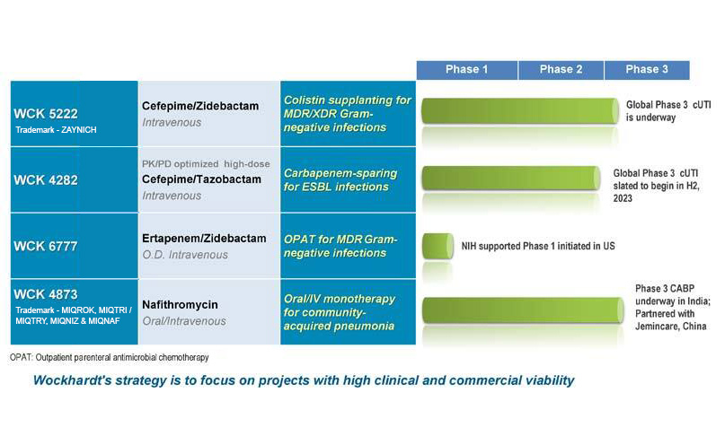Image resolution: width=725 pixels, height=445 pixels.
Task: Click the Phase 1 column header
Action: (467, 70)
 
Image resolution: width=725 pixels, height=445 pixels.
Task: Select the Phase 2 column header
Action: (561, 70)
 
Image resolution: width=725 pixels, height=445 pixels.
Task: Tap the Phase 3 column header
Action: (647, 70)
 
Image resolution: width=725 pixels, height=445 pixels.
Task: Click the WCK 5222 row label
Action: (46, 114)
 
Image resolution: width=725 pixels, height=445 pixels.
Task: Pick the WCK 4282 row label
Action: (46, 180)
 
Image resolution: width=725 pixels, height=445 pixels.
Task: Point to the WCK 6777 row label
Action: (46, 246)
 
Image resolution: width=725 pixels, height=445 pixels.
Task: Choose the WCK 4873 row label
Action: (46, 294)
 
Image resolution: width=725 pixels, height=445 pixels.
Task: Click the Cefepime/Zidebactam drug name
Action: (200, 106)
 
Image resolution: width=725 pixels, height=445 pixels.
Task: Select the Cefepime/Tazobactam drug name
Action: (201, 179)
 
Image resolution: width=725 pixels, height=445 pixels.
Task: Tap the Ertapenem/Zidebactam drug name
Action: (204, 239)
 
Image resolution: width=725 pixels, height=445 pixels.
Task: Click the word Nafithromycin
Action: (180, 305)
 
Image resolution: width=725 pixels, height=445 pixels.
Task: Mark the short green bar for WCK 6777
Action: (438, 246)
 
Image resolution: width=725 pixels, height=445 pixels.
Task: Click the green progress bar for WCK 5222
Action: (520, 110)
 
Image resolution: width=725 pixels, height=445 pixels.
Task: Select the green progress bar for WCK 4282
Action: (511, 179)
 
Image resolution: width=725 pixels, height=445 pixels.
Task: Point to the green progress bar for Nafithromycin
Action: (523, 310)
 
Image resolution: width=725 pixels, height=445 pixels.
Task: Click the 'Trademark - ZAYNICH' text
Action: (56, 130)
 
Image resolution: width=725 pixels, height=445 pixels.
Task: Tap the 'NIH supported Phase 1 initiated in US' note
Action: (538, 246)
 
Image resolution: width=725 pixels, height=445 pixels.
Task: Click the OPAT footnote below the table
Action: (109, 357)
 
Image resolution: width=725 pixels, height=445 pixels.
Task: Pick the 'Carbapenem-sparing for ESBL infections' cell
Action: (340, 180)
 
